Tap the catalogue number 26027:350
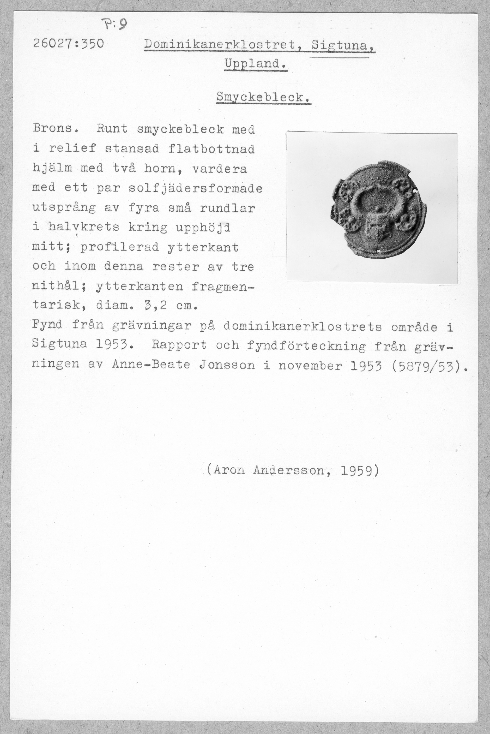(68, 44)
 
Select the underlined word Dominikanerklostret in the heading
(220, 46)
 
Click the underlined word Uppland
(255, 64)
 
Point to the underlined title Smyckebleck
(263, 98)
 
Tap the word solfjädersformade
(195, 188)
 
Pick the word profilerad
(120, 248)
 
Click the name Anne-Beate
(151, 365)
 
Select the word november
(310, 365)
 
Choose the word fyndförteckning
(306, 345)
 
